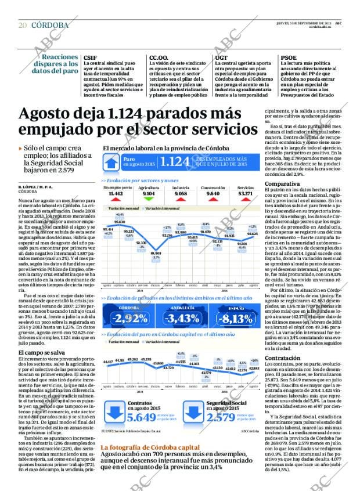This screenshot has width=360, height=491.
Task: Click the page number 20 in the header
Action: pos(22,25)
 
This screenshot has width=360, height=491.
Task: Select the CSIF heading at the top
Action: pos(90,57)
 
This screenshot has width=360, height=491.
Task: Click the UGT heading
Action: pos(221,57)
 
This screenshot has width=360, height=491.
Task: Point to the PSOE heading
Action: pos(289,57)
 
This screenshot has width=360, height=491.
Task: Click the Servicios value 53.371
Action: pos(246,193)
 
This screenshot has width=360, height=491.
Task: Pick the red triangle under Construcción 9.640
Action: pos(213,201)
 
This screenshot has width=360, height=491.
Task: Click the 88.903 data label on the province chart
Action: pos(156,253)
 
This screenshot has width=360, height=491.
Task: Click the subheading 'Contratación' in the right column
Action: pos(283,342)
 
